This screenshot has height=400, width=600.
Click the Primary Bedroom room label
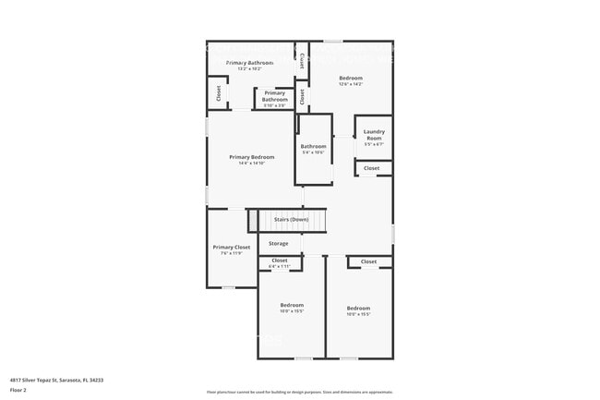point(251,157)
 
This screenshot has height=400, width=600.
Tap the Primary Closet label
point(231,248)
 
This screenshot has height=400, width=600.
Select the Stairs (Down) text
point(291,220)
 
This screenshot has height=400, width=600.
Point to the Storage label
point(279,244)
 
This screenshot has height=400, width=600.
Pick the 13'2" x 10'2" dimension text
point(249,68)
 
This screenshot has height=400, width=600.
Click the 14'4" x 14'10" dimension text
point(251,164)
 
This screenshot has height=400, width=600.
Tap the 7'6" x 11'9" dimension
point(231,254)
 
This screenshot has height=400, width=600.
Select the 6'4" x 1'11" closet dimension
point(279,267)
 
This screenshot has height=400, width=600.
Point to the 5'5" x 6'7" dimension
point(373,144)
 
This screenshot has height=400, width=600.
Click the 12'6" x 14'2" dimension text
point(351,84)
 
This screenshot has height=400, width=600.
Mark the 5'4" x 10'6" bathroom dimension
point(313,152)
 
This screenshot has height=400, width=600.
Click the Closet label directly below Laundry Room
point(371,168)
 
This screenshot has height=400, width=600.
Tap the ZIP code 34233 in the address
point(95,380)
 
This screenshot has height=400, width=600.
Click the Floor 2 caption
point(18,391)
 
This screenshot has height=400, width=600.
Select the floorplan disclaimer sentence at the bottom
point(300,392)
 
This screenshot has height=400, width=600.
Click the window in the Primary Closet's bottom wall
point(227,287)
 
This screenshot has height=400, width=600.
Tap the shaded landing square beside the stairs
point(251,221)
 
